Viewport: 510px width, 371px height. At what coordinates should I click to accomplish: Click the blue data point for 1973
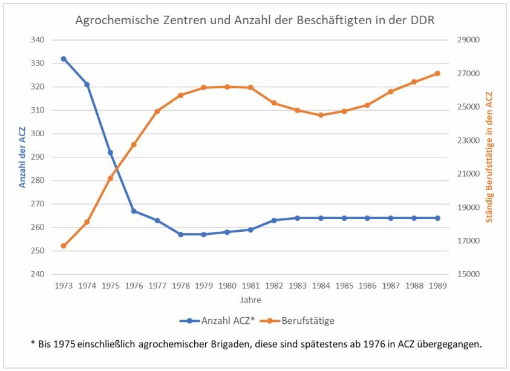[x=64, y=59]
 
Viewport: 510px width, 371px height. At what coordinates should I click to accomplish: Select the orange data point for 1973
[x=64, y=246]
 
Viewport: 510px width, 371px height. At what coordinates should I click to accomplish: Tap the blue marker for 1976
[x=134, y=211]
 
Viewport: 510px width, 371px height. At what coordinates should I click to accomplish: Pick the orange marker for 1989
[x=437, y=73]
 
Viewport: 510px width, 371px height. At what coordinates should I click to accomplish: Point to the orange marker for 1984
[x=321, y=115]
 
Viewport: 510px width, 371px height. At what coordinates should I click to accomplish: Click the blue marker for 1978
[x=180, y=234]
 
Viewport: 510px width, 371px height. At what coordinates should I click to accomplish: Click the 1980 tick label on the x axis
[x=227, y=286]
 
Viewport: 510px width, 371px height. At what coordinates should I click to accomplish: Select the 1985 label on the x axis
[x=344, y=286]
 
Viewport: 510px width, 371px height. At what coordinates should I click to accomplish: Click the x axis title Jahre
[x=250, y=300]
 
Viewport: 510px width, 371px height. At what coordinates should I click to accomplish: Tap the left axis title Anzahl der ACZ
[x=22, y=157]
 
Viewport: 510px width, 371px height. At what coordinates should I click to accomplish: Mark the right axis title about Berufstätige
[x=489, y=157]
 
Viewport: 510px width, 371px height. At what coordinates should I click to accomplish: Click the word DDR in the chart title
[x=420, y=20]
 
